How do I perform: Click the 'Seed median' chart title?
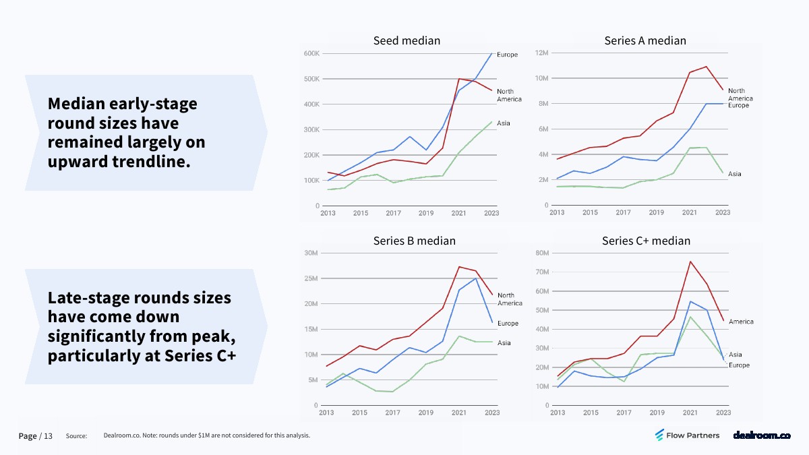[x=407, y=41]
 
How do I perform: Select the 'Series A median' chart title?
[x=645, y=41]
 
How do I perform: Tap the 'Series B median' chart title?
[x=414, y=241]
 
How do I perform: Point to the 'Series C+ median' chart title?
[x=646, y=241]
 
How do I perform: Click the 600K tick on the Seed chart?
[x=311, y=53]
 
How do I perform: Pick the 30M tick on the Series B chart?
[x=311, y=253]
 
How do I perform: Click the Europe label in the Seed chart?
[x=507, y=55]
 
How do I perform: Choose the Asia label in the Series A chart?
[x=734, y=174]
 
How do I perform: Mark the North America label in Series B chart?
[x=510, y=299]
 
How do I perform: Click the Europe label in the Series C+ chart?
[x=739, y=365]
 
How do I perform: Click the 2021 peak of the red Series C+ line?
[x=690, y=262]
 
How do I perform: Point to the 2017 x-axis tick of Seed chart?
[x=393, y=213]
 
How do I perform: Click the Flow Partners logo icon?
[x=660, y=435]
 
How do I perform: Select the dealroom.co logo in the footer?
[x=761, y=435]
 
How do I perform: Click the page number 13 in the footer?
[x=48, y=436]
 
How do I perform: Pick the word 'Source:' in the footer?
[x=76, y=436]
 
